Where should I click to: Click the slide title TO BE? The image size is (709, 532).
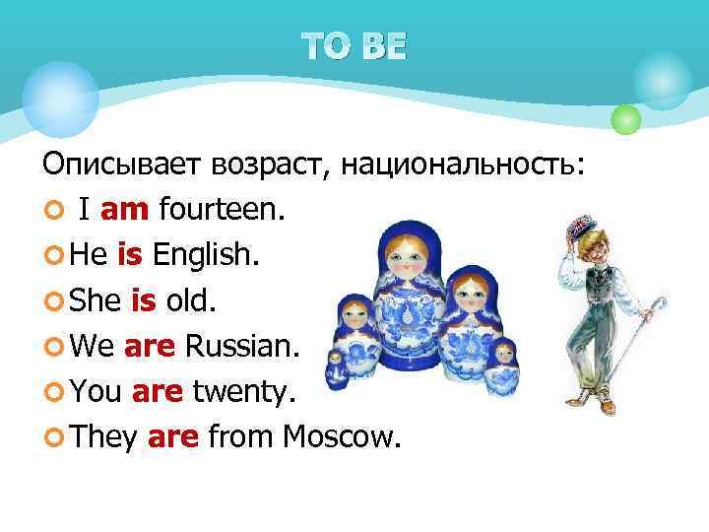[354, 47]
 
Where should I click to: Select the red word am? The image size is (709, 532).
[123, 210]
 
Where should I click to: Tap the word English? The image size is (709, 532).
[207, 256]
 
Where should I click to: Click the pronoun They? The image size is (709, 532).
[102, 437]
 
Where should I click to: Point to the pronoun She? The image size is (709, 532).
[97, 301]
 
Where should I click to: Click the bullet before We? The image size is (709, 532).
[52, 348]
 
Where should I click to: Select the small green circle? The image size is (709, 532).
[625, 120]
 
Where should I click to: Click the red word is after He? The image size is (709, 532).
[130, 256]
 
